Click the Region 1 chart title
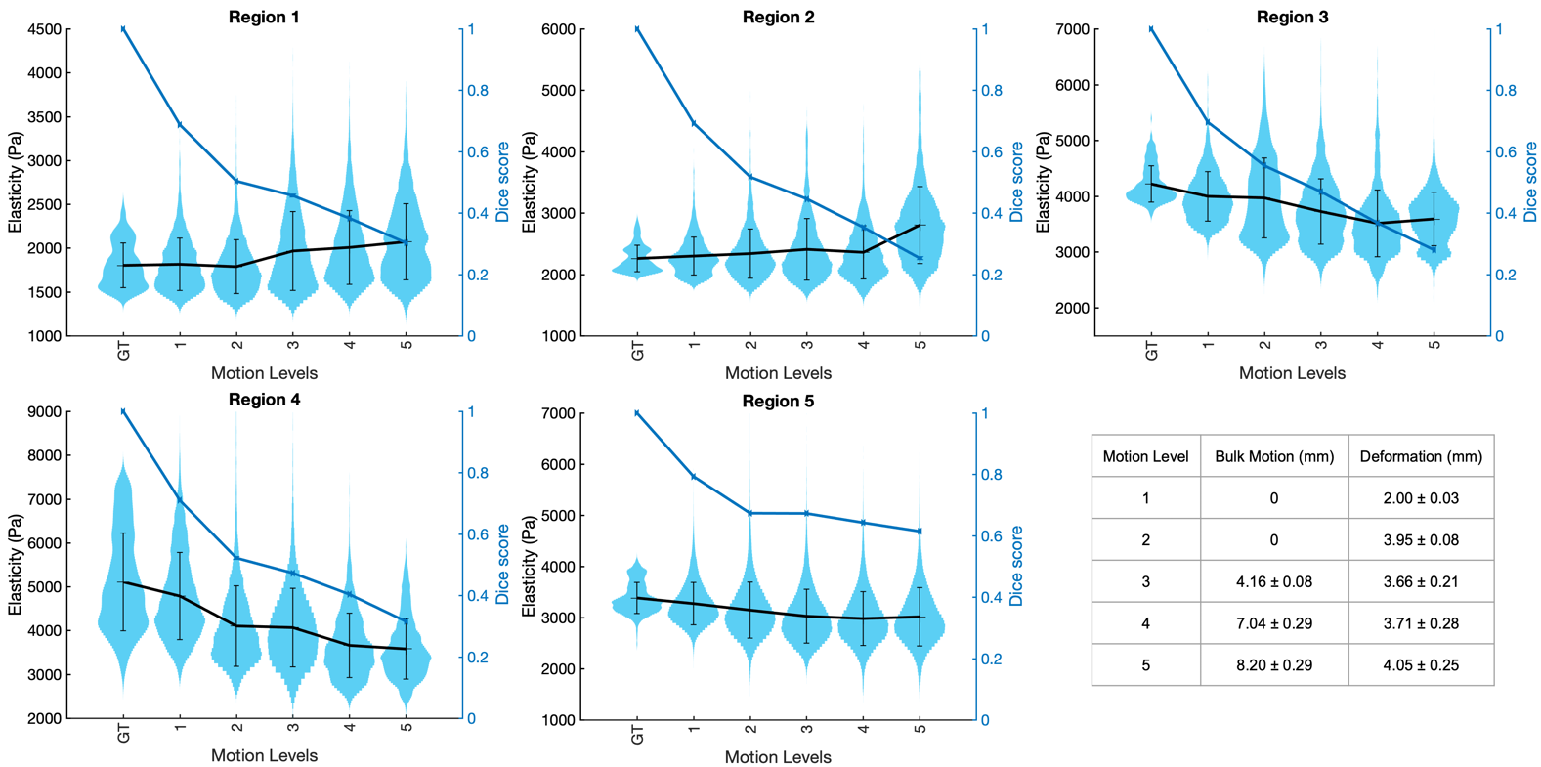pyautogui.click(x=264, y=17)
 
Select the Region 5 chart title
pyautogui.click(x=778, y=401)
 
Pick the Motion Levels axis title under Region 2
pyautogui.click(x=778, y=373)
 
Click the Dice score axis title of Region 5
pyautogui.click(x=1016, y=566)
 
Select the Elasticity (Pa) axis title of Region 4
pyautogui.click(x=15, y=566)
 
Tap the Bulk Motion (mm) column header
pyautogui.click(x=1274, y=456)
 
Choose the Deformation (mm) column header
pyautogui.click(x=1421, y=456)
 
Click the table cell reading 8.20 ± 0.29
pyautogui.click(x=1274, y=664)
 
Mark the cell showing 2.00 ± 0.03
pyautogui.click(x=1421, y=498)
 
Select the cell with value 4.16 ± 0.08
pyautogui.click(x=1274, y=581)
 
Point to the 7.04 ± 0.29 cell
pyautogui.click(x=1274, y=623)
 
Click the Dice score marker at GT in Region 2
pyautogui.click(x=637, y=29)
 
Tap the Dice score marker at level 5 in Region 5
pyautogui.click(x=920, y=532)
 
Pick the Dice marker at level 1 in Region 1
pyautogui.click(x=180, y=125)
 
